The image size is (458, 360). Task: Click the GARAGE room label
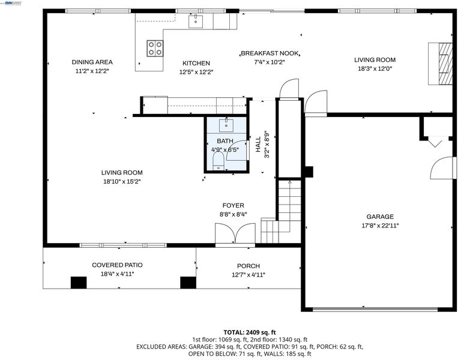click(380, 217)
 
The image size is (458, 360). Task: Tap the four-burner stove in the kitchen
click(155, 48)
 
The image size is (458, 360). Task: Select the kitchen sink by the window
click(196, 22)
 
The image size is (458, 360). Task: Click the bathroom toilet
click(218, 162)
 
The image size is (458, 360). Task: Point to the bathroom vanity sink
click(226, 125)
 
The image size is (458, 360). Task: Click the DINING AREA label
click(92, 62)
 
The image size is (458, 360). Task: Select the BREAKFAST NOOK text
click(270, 53)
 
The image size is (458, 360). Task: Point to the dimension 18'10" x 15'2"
click(122, 181)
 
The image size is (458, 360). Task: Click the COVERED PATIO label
click(118, 265)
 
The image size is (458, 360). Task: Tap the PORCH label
click(249, 266)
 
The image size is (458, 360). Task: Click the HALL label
click(258, 145)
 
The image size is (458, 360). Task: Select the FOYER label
click(234, 206)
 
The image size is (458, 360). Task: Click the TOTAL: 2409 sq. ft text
click(250, 332)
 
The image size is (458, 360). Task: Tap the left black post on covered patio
click(79, 283)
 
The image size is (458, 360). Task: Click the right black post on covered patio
click(188, 283)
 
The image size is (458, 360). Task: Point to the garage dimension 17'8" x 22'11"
click(380, 226)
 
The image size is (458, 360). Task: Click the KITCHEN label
click(196, 63)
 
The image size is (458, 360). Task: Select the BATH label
click(225, 141)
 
